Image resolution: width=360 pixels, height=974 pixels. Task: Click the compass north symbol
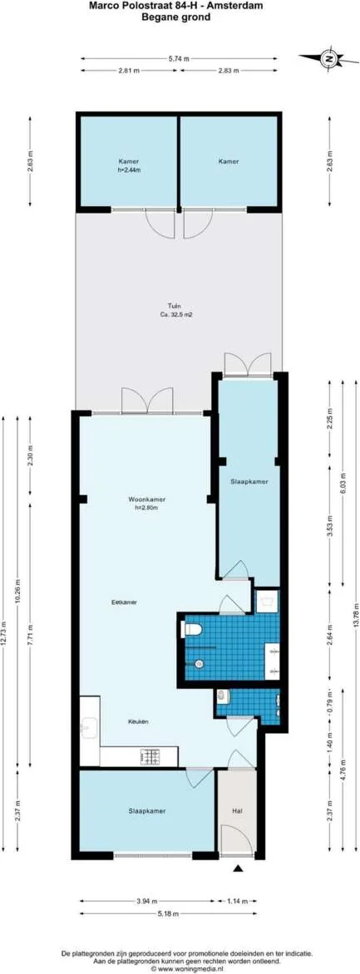pos(329,59)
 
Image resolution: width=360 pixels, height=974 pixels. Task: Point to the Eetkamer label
pos(125,601)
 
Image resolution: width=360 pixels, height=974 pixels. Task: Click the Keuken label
pos(138,721)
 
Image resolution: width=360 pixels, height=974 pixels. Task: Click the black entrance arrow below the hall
pos(239,868)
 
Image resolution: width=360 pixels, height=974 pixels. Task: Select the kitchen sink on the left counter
pos(88,727)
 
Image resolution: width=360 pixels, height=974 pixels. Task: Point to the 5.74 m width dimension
pos(179,58)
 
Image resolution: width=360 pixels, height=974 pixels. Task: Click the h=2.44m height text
pos(128,170)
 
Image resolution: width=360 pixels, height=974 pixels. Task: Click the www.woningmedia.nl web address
pos(180,968)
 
